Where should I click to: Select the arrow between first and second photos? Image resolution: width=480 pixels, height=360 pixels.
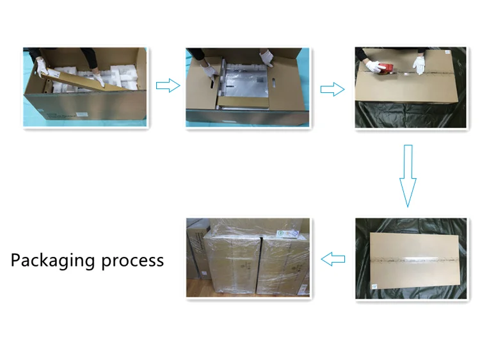pos(167,86)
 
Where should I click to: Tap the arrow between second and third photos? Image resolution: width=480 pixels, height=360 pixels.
pos(332,89)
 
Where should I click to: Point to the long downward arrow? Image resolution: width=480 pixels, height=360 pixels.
pos(408,176)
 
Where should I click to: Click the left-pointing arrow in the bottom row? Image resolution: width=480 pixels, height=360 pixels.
pos(333,259)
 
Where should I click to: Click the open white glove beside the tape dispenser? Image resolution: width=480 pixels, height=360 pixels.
pos(420,65)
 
